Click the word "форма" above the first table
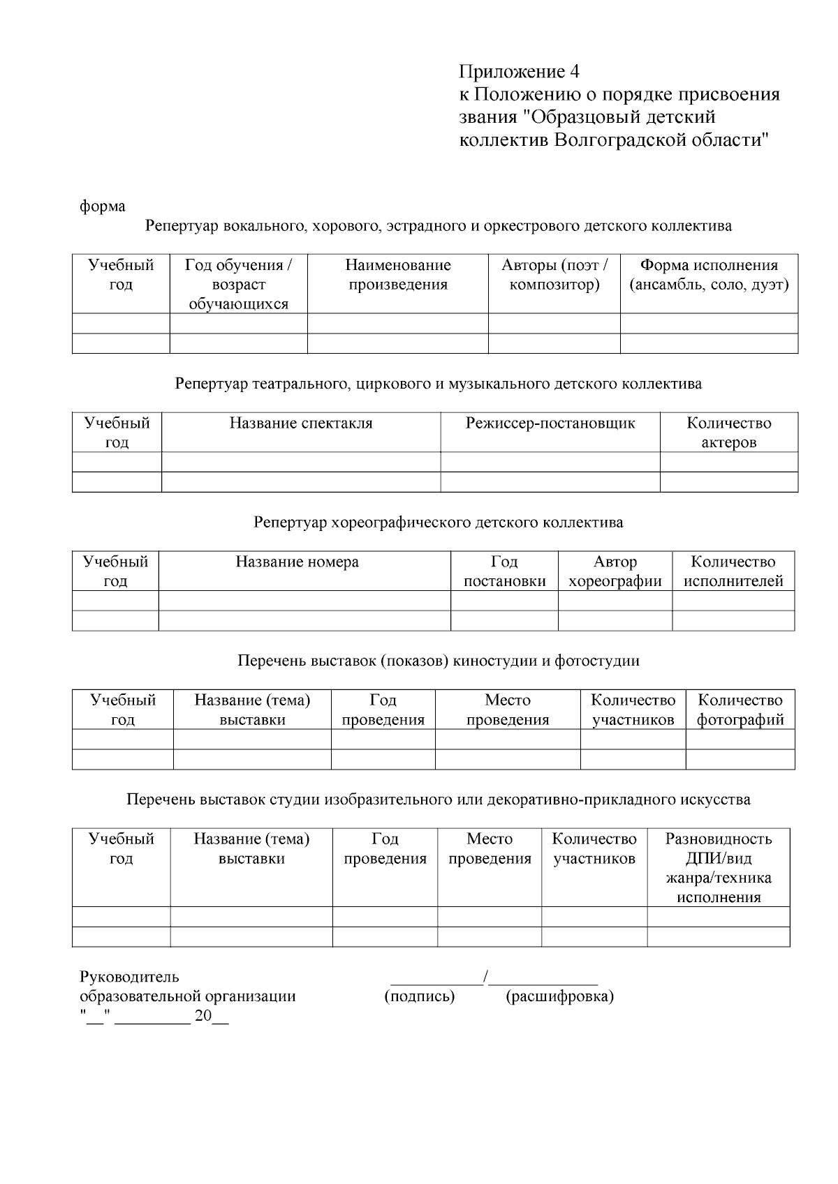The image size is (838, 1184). (x=103, y=207)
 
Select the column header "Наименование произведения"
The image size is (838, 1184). (x=398, y=275)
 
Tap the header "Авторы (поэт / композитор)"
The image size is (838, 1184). (x=554, y=275)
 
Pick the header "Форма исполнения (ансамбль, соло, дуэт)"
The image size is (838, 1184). (x=709, y=275)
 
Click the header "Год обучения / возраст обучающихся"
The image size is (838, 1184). (x=238, y=284)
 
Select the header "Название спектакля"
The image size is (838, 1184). (x=301, y=424)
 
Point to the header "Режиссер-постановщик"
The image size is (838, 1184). (x=550, y=424)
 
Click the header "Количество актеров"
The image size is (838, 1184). (x=729, y=433)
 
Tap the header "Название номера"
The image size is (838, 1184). (x=297, y=562)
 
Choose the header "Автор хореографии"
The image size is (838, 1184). (x=615, y=571)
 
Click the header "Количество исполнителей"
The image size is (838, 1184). (x=733, y=571)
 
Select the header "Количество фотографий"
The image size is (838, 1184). (x=740, y=710)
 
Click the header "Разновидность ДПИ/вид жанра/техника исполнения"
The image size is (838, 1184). (x=719, y=868)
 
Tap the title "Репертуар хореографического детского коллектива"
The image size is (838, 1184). (x=439, y=523)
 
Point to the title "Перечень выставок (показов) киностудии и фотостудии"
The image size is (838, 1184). (x=439, y=661)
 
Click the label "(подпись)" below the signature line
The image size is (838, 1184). (x=420, y=996)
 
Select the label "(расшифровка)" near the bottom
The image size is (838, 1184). (x=559, y=996)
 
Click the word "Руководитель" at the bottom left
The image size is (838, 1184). (x=129, y=977)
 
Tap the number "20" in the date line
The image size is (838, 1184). (x=203, y=1017)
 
